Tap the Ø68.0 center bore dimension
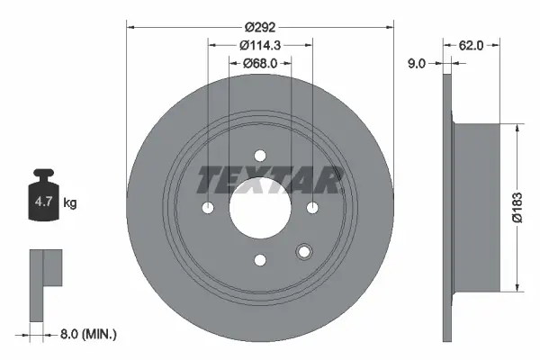pyautogui.click(x=262, y=63)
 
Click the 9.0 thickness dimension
pyautogui.click(x=417, y=63)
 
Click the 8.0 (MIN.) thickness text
pyautogui.click(x=86, y=334)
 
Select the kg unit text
pyautogui.click(x=71, y=203)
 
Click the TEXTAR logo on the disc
pyautogui.click(x=269, y=180)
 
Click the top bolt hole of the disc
pyautogui.click(x=261, y=155)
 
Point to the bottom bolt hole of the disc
pyautogui.click(x=261, y=260)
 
